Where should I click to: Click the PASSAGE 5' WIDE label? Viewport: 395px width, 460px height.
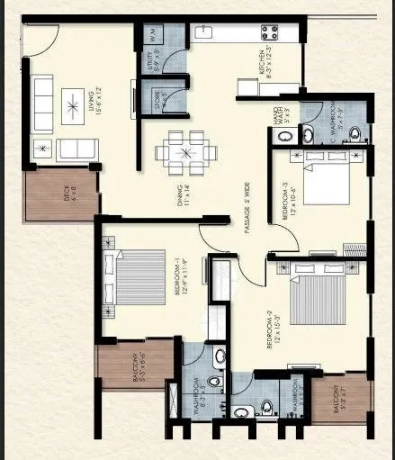pos(245,209)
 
